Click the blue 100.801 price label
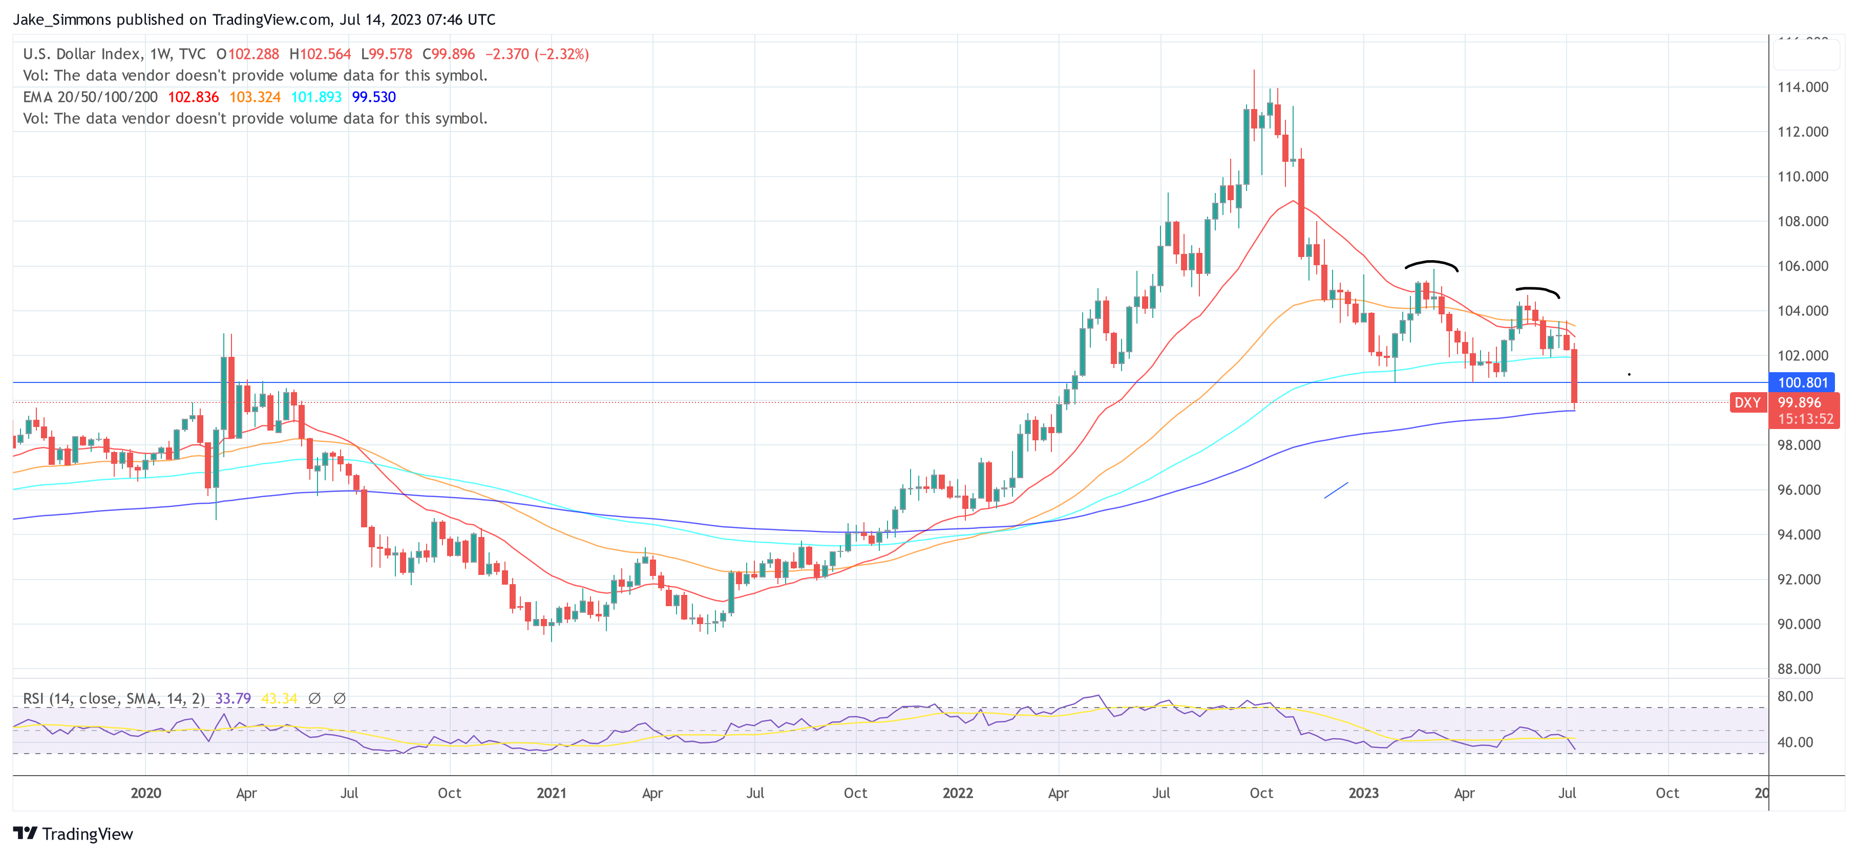pyautogui.click(x=1803, y=383)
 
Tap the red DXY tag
pyautogui.click(x=1747, y=402)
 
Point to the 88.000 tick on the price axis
pyautogui.click(x=1799, y=669)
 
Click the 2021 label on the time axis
pyautogui.click(x=551, y=793)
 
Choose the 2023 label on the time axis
pyautogui.click(x=1363, y=793)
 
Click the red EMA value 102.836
pyautogui.click(x=193, y=97)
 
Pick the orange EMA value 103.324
pyautogui.click(x=255, y=97)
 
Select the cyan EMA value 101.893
pyautogui.click(x=316, y=97)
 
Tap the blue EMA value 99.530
pyautogui.click(x=374, y=97)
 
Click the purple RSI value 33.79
pyautogui.click(x=233, y=698)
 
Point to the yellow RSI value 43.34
pyautogui.click(x=279, y=698)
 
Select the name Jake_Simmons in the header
pyautogui.click(x=62, y=19)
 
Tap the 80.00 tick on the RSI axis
pyautogui.click(x=1794, y=696)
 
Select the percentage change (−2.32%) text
pyautogui.click(x=562, y=54)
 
